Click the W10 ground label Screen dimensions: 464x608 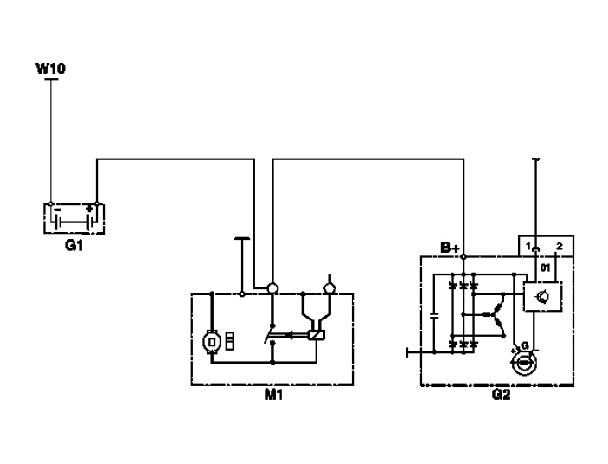[51, 67]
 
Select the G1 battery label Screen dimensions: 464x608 [74, 245]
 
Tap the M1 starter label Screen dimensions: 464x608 [273, 396]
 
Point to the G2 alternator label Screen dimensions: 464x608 [501, 396]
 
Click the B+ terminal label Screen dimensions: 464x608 [450, 248]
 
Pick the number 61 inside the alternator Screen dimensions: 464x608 [545, 267]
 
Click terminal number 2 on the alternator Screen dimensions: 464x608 [560, 247]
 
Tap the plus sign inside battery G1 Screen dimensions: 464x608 [89, 209]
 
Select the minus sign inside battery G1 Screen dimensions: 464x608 [57, 209]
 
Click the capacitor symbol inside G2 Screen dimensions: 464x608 [434, 314]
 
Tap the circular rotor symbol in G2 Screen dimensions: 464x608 [522, 364]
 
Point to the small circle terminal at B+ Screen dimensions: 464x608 [464, 256]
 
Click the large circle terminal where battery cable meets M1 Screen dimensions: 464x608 [272, 287]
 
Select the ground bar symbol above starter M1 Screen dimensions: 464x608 [242, 235]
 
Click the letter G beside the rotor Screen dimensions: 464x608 [523, 346]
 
